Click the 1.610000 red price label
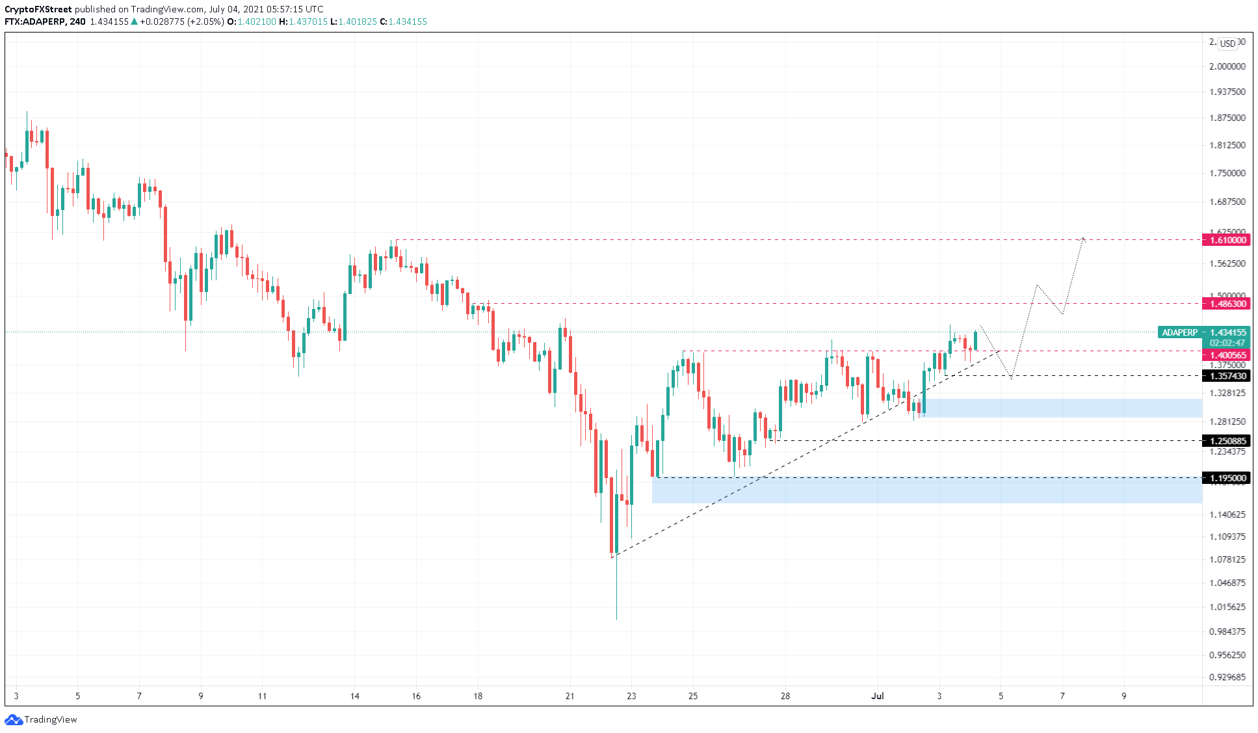click(1227, 240)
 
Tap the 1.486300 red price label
click(1227, 304)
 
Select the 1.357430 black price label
click(1227, 376)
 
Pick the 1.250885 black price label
click(1227, 441)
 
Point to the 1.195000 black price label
click(1227, 478)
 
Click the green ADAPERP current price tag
click(1179, 332)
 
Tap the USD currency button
click(1227, 44)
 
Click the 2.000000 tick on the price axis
click(1227, 66)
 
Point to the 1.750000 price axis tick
click(1227, 173)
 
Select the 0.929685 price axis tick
click(1227, 677)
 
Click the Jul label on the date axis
click(878, 696)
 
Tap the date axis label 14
click(354, 696)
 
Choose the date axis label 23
click(631, 696)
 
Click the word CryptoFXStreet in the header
click(38, 9)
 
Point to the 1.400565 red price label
click(1227, 355)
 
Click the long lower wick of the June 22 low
click(616, 592)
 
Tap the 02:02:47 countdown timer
click(1227, 343)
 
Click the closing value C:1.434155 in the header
click(404, 21)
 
